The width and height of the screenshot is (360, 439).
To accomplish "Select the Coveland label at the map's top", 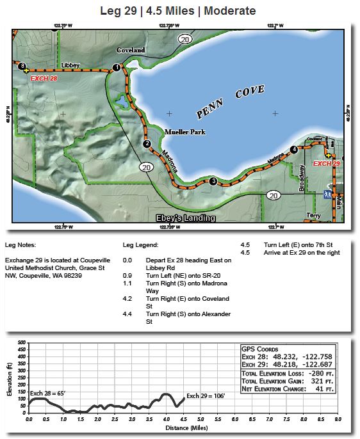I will pos(131,50).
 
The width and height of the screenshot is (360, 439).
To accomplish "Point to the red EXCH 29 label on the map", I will pos(326,164).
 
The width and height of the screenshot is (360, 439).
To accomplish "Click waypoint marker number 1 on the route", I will pos(116,67).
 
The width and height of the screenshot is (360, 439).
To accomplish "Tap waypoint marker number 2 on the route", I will pos(147,144).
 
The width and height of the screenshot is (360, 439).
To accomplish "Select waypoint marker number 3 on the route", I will pos(213,181).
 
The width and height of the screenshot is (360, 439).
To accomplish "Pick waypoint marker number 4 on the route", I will pos(293,149).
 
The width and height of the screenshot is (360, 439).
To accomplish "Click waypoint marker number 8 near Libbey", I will pos(22,65).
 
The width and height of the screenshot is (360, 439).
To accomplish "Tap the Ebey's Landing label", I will pos(186,218).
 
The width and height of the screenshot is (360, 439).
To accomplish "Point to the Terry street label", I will pos(313,215).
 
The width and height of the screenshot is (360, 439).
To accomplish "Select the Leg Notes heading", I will pos(20,244).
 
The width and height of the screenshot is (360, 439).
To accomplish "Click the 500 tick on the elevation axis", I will pos(20,342).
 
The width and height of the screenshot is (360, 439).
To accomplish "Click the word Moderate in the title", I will pos(229,11).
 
